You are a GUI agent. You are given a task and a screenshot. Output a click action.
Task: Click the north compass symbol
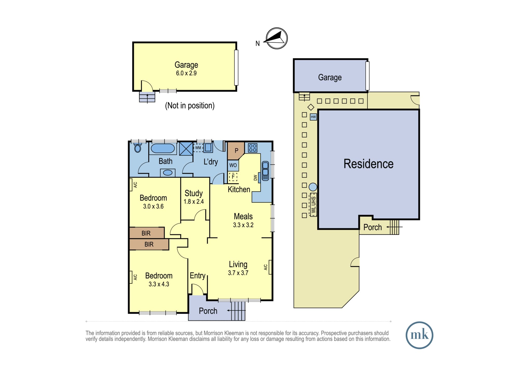coord(276,38)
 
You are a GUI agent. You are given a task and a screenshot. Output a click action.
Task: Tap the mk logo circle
coord(419,335)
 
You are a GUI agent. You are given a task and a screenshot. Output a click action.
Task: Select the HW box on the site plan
coord(313,117)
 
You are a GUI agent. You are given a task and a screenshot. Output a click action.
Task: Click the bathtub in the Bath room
coord(163,148)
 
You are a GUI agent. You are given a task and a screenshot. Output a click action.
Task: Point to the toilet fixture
coord(138,148)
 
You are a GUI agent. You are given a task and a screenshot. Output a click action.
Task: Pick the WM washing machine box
coord(198,148)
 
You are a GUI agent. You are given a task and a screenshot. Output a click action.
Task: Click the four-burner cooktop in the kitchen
coord(252,148)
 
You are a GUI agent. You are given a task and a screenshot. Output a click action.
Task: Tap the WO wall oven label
coord(233,165)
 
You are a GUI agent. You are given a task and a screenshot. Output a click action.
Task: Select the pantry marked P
coord(236,151)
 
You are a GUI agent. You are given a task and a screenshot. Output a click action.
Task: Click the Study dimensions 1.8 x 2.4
coord(194,202)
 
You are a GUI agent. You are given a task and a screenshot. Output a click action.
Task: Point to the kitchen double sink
coord(265,171)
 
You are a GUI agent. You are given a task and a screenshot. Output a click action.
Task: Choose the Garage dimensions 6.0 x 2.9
coord(186,73)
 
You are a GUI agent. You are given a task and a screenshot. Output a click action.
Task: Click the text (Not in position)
coord(190,106)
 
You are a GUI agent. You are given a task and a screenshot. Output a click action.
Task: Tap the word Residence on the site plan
coord(368,164)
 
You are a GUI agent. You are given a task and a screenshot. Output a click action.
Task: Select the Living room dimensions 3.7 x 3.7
coord(238,273)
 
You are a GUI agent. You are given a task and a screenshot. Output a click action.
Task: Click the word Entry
coord(197,276)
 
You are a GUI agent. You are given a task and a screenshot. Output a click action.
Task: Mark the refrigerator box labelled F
coord(233,177)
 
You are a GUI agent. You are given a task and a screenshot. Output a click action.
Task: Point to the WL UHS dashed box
coord(313,205)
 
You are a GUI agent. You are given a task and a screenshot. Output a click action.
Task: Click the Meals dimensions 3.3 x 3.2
coord(243,225)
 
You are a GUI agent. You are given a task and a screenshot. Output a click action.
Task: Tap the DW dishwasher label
coord(255,178)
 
